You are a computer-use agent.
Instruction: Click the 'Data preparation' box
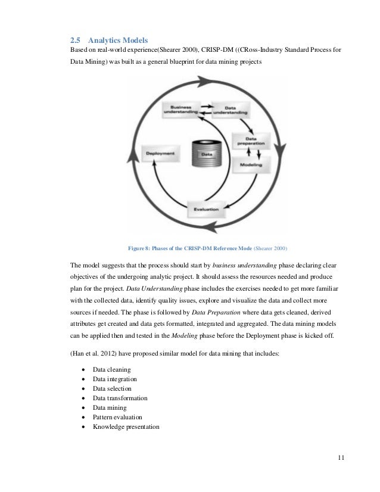pyautogui.click(x=247, y=140)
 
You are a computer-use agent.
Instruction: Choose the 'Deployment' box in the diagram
pyautogui.click(x=160, y=154)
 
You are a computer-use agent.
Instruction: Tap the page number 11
pyautogui.click(x=340, y=458)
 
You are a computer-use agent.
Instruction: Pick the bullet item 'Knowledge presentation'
pyautogui.click(x=126, y=426)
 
